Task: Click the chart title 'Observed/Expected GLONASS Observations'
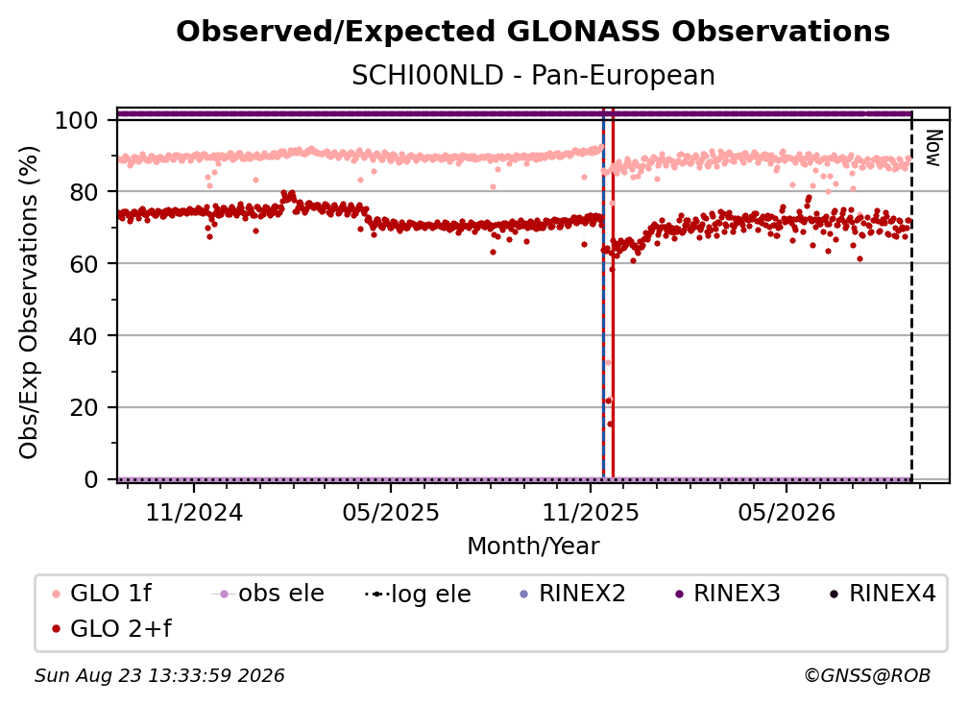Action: (x=533, y=32)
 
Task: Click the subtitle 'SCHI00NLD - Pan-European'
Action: (x=533, y=76)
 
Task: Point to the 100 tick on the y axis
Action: (x=76, y=120)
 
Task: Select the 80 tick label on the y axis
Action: (x=84, y=192)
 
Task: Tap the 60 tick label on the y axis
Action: (x=84, y=264)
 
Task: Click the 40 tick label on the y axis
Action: (x=84, y=336)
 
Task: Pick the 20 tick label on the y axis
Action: (x=84, y=408)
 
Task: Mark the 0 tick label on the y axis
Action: (x=90, y=479)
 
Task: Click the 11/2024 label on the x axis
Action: (x=194, y=512)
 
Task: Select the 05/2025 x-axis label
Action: (x=391, y=512)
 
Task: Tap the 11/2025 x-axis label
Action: (x=591, y=512)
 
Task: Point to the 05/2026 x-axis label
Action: (x=786, y=512)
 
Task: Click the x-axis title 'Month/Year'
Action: (x=533, y=547)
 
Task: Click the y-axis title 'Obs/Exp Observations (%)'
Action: (x=29, y=303)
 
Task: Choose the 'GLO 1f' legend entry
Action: (x=103, y=594)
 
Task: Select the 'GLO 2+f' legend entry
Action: (x=112, y=629)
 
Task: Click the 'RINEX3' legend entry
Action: (x=728, y=594)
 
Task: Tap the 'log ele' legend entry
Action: (x=419, y=594)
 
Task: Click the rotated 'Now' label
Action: (x=933, y=148)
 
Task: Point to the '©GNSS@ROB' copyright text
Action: (x=867, y=675)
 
